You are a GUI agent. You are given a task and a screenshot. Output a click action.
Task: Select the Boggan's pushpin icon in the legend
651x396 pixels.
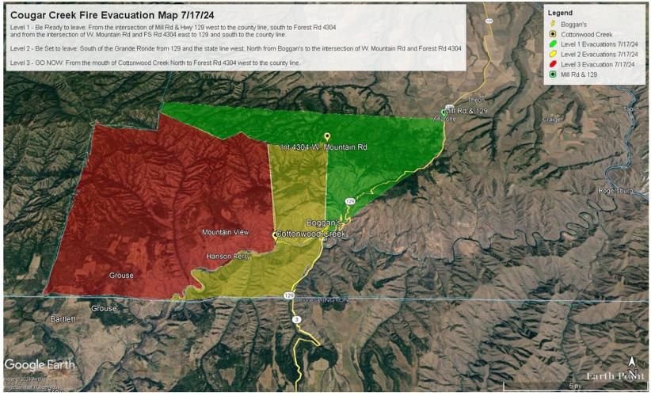coord(552,24)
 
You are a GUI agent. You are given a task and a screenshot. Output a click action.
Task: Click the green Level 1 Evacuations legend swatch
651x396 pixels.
coord(552,44)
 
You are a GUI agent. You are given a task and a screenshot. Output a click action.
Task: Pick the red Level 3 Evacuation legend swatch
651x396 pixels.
coord(552,64)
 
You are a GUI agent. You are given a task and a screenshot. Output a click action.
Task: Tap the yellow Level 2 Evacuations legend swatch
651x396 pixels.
coord(552,54)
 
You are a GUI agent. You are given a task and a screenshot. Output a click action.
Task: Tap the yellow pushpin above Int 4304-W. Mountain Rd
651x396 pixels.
coord(326,137)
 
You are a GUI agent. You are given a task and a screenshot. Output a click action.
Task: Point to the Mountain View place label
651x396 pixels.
coord(226,232)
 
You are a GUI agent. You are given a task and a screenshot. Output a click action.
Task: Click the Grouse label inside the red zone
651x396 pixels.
coord(121,276)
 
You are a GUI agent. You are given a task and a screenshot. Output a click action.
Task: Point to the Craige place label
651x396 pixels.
coord(551,120)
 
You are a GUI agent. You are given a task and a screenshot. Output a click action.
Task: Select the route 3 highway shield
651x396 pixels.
coord(296,319)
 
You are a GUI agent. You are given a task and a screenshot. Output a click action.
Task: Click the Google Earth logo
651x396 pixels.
coord(40,364)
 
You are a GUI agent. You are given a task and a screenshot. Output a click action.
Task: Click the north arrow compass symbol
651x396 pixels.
coord(631,364)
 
